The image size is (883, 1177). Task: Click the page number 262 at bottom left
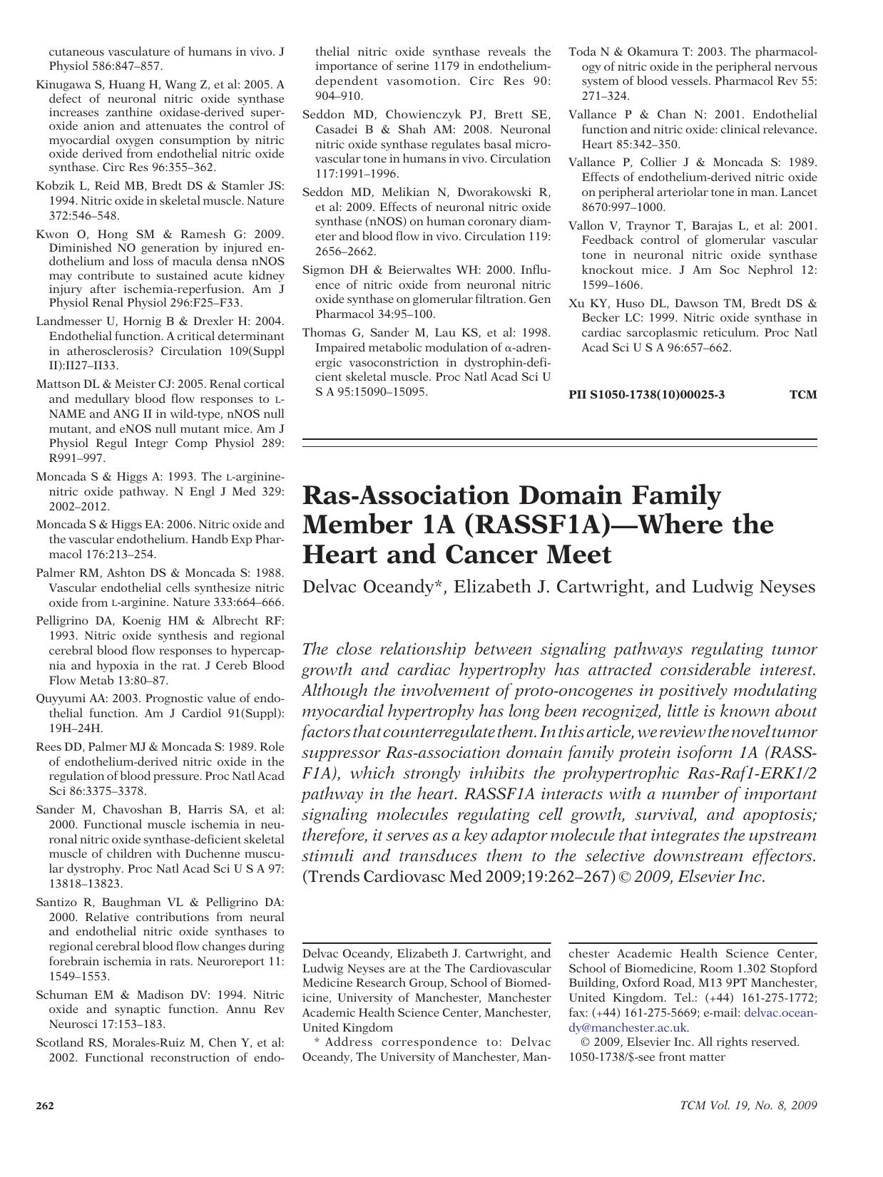click(45, 1106)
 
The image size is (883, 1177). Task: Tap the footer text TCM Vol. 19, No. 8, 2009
click(748, 1106)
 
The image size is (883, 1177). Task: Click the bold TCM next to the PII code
click(803, 394)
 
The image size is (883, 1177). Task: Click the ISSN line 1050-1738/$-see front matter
click(646, 1057)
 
